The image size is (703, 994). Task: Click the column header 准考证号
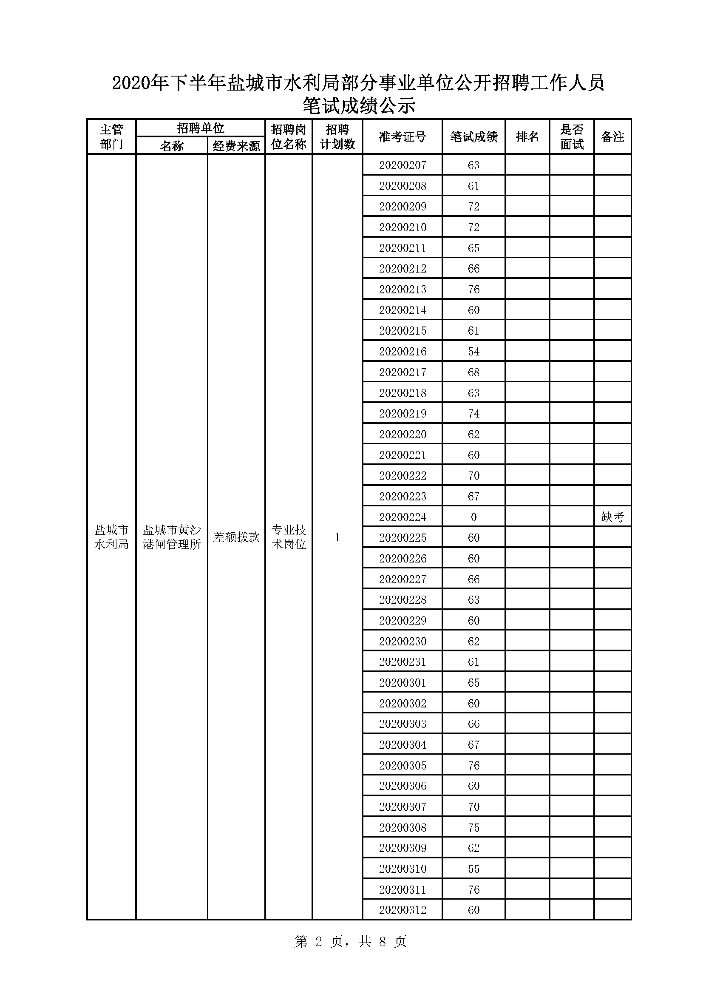pyautogui.click(x=402, y=137)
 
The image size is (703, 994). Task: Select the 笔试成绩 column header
pyautogui.click(x=473, y=137)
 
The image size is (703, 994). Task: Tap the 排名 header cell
pyautogui.click(x=527, y=137)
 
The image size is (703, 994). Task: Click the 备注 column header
pyautogui.click(x=612, y=137)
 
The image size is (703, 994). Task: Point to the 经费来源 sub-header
pyautogui.click(x=236, y=146)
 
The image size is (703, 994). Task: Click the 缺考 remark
pyautogui.click(x=612, y=517)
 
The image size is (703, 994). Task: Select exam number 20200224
pyautogui.click(x=403, y=517)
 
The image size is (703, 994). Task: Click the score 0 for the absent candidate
pyautogui.click(x=473, y=517)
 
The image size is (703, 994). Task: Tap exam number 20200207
pyautogui.click(x=403, y=165)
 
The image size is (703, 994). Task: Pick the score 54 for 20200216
pyautogui.click(x=473, y=352)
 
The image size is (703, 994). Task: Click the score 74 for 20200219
pyautogui.click(x=473, y=413)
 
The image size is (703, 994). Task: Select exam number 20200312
pyautogui.click(x=403, y=910)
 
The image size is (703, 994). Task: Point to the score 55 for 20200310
pyautogui.click(x=473, y=869)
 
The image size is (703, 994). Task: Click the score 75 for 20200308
pyautogui.click(x=473, y=827)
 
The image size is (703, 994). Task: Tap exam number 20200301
pyautogui.click(x=403, y=683)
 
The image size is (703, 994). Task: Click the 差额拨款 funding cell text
pyautogui.click(x=236, y=537)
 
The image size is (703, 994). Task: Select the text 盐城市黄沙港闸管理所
pyautogui.click(x=172, y=537)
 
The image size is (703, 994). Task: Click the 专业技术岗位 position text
pyautogui.click(x=289, y=537)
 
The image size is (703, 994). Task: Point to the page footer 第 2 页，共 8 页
pyautogui.click(x=351, y=941)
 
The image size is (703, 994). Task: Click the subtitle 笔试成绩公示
pyautogui.click(x=359, y=106)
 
